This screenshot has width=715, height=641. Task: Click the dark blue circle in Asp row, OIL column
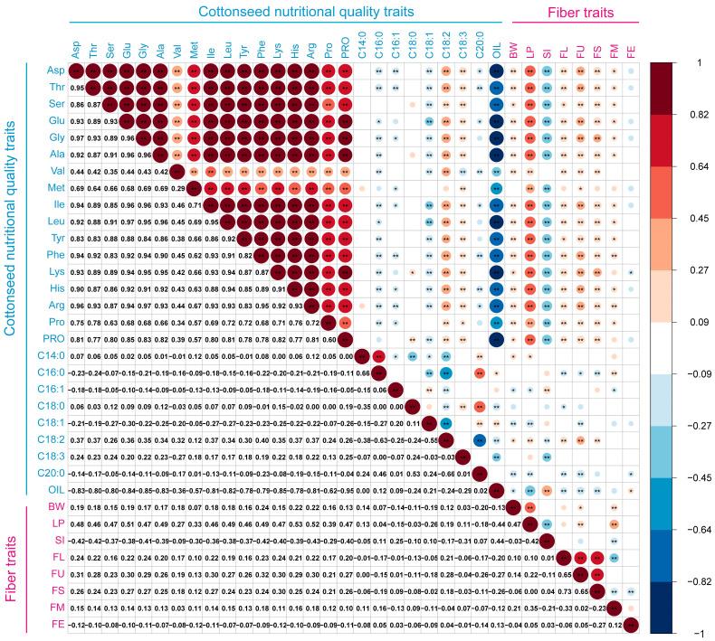pyautogui.click(x=496, y=71)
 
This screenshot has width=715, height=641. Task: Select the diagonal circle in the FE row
pyautogui.click(x=631, y=625)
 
